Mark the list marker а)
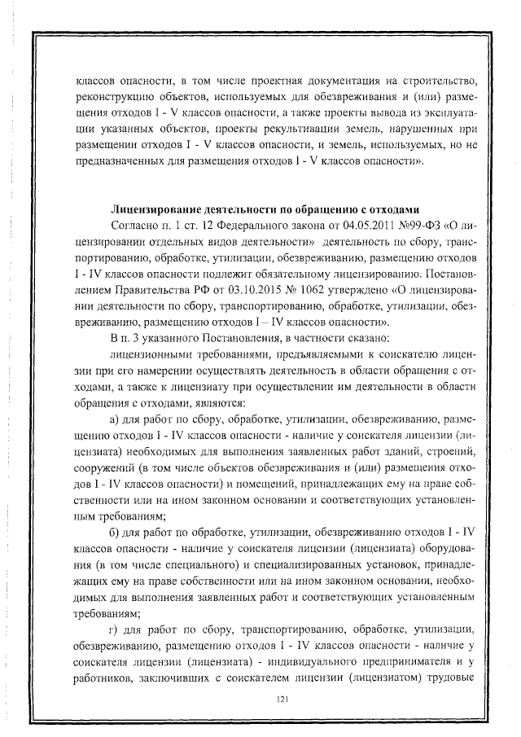[x=115, y=419]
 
